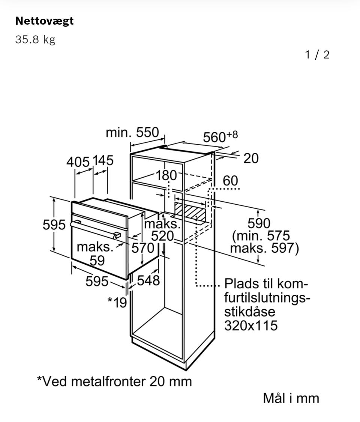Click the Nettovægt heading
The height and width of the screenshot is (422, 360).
(44, 21)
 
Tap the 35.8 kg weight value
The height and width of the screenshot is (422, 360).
(35, 39)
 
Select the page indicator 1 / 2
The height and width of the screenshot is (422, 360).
(317, 55)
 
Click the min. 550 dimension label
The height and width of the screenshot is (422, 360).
(132, 133)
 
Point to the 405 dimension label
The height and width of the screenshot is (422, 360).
(78, 162)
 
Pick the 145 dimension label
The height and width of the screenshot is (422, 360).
(103, 161)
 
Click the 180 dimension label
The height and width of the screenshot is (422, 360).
(166, 175)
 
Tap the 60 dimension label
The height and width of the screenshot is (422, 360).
(230, 181)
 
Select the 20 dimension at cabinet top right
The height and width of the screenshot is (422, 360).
(251, 158)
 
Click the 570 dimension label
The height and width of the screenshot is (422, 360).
(143, 248)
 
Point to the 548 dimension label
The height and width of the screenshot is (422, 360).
(148, 280)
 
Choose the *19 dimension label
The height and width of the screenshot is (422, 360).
(117, 302)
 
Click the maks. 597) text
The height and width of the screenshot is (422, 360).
(264, 249)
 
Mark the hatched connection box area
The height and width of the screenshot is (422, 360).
(190, 213)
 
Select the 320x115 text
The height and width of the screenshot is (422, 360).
(251, 325)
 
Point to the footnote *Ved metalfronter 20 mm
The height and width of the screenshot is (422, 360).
(114, 381)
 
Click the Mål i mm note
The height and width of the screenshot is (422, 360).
(291, 398)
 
